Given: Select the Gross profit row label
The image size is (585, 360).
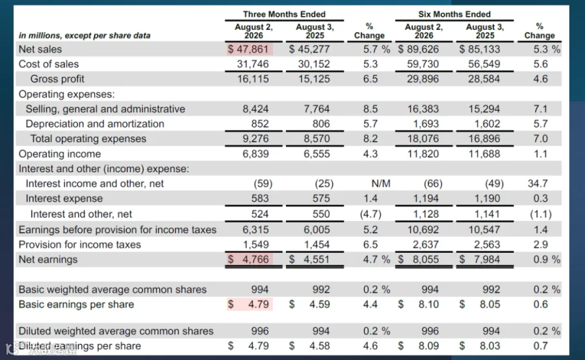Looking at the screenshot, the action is point(57,79).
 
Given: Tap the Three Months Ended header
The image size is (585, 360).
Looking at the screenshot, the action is point(284,14).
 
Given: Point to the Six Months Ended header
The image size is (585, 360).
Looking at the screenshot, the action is point(454,14).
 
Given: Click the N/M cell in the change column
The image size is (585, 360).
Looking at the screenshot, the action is point(381,183).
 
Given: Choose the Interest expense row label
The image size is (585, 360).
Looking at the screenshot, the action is point(64,198).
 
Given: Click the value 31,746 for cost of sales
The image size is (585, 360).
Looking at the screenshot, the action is point(253,64).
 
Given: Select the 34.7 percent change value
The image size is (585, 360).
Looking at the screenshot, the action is point(538,183).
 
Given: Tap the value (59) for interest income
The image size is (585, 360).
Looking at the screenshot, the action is point(263,183).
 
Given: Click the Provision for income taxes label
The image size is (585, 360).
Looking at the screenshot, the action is point(80,245).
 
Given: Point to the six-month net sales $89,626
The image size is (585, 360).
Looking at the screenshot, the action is point(418,49).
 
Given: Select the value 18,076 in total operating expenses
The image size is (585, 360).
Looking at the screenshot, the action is point(422,139).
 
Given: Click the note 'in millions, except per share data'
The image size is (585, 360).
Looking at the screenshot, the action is point(84,36).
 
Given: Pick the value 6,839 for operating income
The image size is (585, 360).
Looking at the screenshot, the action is point(255,154).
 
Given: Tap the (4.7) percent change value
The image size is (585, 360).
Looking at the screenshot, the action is point(370,214).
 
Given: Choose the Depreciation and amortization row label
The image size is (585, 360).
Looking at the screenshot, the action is point(95,124).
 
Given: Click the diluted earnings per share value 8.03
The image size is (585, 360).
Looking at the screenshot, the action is point(490,346).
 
